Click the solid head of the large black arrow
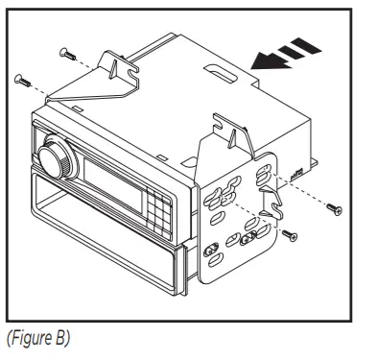(x=258, y=62)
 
